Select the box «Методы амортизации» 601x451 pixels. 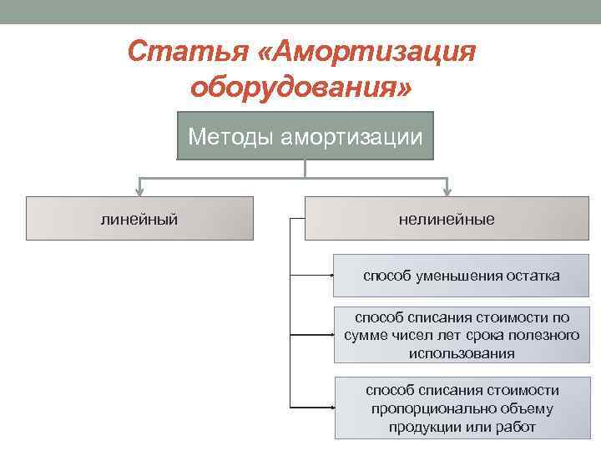click(x=306, y=135)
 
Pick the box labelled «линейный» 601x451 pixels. click(x=139, y=219)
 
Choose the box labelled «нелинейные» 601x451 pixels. click(x=447, y=219)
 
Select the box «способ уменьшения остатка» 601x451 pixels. click(x=462, y=276)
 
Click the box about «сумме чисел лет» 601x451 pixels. click(x=462, y=335)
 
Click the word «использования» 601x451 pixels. click(x=462, y=352)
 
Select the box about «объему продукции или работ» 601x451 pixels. click(x=462, y=408)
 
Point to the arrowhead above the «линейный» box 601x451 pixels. click(x=139, y=190)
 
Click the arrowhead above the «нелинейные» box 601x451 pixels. click(x=447, y=190)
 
